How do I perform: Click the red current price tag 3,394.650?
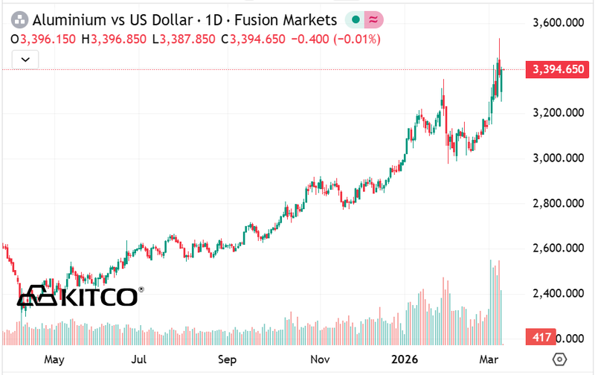tap(552, 69)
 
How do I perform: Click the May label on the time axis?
tap(54, 359)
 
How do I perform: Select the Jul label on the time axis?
tap(138, 359)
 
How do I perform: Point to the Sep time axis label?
tap(228, 359)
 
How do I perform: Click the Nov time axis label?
tap(321, 359)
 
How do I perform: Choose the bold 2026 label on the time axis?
tap(406, 359)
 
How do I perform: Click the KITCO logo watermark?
tap(78, 296)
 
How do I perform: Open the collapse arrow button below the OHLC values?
tap(26, 58)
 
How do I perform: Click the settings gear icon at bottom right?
tap(562, 359)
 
